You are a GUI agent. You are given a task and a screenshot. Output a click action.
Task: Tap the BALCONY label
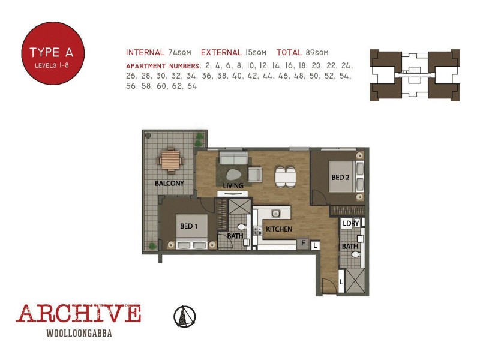click(x=169, y=183)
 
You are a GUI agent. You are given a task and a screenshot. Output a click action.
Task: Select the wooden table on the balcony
click(x=170, y=161)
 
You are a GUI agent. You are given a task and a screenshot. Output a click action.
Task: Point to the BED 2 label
click(x=341, y=178)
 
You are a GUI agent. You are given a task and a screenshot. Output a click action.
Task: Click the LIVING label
click(x=233, y=186)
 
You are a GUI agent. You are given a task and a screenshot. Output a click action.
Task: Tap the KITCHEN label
click(x=279, y=229)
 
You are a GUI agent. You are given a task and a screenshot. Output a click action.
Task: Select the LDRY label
click(x=350, y=223)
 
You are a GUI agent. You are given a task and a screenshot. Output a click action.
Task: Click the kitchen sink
click(x=277, y=213)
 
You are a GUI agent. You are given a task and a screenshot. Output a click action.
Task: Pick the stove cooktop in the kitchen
click(x=257, y=230)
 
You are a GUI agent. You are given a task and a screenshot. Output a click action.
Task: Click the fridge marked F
click(x=304, y=243)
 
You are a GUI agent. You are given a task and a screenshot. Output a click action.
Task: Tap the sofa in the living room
click(x=233, y=158)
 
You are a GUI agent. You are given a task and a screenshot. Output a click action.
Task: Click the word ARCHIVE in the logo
click(x=78, y=314)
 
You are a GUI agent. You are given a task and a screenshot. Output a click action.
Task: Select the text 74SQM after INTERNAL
click(x=180, y=52)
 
